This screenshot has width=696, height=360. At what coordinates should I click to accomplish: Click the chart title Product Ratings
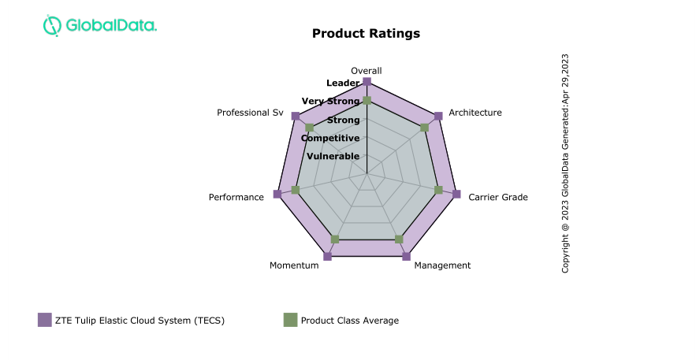pyautogui.click(x=366, y=33)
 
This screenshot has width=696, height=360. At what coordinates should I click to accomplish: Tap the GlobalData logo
pyautogui.click(x=99, y=25)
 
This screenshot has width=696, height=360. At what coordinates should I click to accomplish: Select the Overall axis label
pyautogui.click(x=367, y=71)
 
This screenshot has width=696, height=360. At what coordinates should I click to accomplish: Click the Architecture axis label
pyautogui.click(x=475, y=113)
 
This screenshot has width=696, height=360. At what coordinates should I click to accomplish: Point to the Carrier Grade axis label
pyautogui.click(x=498, y=197)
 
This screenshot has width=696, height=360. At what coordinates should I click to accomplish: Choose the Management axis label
pyautogui.click(x=442, y=265)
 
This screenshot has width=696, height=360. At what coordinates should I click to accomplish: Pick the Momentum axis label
pyautogui.click(x=294, y=265)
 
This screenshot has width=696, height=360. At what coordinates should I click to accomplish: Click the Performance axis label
pyautogui.click(x=236, y=197)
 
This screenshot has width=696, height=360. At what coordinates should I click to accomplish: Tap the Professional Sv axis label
pyautogui.click(x=250, y=113)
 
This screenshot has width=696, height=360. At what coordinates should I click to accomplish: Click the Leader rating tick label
pyautogui.click(x=343, y=83)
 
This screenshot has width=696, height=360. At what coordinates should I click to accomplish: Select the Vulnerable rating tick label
pyautogui.click(x=333, y=156)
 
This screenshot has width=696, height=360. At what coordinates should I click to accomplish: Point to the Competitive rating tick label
pyautogui.click(x=331, y=138)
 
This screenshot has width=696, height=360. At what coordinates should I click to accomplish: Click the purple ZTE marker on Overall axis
pyautogui.click(x=367, y=82)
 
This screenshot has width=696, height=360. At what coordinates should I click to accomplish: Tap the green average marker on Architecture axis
pyautogui.click(x=424, y=128)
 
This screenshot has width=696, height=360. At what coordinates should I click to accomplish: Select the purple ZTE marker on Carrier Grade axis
pyautogui.click(x=456, y=194)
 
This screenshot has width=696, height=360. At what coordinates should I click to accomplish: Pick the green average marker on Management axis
pyautogui.click(x=398, y=239)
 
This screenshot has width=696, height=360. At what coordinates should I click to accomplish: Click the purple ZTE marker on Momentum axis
pyautogui.click(x=328, y=256)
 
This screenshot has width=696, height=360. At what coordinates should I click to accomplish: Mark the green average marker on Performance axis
pyautogui.click(x=295, y=190)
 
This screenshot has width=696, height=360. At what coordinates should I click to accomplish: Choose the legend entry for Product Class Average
pyautogui.click(x=341, y=320)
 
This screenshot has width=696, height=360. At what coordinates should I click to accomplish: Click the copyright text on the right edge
pyautogui.click(x=565, y=163)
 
